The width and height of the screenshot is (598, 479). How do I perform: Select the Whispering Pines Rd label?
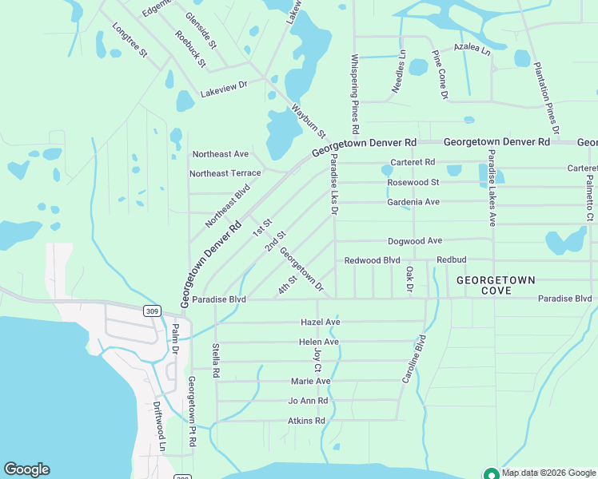click(354, 94)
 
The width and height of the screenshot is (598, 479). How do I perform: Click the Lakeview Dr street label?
click(224, 88)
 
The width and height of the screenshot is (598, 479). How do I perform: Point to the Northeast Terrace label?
click(225, 173)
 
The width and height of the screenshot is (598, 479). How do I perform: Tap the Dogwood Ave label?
click(415, 240)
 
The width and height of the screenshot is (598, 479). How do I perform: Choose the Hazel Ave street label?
click(321, 322)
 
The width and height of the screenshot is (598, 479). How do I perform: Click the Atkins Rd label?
click(306, 421)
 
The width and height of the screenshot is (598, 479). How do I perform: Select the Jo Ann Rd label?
click(309, 401)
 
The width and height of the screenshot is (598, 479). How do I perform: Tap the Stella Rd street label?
click(215, 361)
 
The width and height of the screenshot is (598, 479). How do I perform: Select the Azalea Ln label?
click(472, 49)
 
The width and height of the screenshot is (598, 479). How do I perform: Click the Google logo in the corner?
click(26, 469)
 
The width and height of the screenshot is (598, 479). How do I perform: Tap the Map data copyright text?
click(548, 473)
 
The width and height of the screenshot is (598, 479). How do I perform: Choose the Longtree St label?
click(130, 40)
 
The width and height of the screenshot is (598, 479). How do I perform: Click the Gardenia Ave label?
click(413, 202)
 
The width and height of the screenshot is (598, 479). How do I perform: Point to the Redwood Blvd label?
click(372, 261)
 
